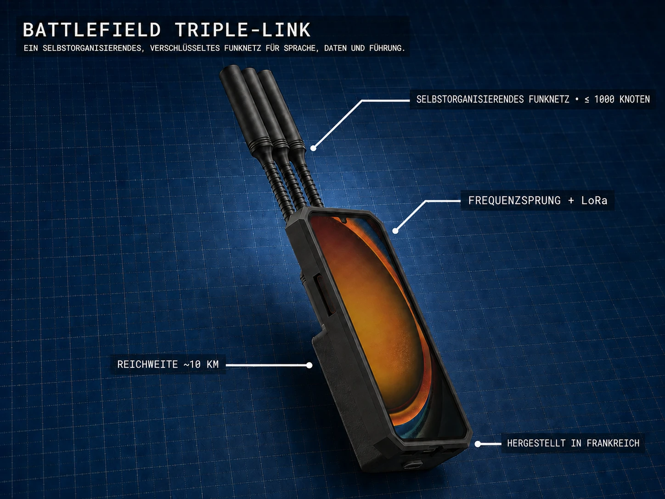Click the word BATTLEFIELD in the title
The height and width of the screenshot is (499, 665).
pyautogui.click(x=92, y=30)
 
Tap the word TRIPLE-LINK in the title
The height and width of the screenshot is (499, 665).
pyautogui.click(x=242, y=30)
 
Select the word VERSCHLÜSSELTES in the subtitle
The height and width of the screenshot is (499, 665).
pyautogui.click(x=185, y=48)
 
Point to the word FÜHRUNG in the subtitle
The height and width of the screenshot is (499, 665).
pyautogui.click(x=387, y=48)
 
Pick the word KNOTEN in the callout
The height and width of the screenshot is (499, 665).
pyautogui.click(x=635, y=99)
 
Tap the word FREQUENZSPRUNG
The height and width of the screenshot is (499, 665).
pyautogui.click(x=514, y=200)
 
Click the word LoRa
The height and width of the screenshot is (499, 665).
pyautogui.click(x=594, y=200)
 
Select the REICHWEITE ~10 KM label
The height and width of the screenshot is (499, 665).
pyautogui.click(x=168, y=364)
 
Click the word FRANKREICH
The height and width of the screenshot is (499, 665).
pyautogui.click(x=613, y=443)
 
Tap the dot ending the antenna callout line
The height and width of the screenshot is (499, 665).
pyautogui.click(x=314, y=148)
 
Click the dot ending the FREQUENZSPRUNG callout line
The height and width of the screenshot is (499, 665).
pyautogui.click(x=395, y=231)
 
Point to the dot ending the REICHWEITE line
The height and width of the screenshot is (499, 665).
pyautogui.click(x=310, y=365)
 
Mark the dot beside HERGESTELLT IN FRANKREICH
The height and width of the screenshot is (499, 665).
pyautogui.click(x=478, y=444)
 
